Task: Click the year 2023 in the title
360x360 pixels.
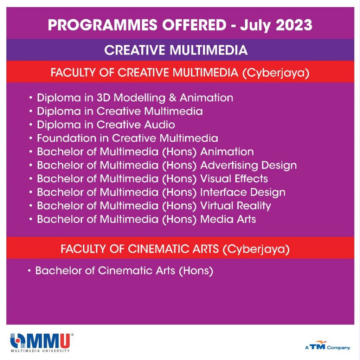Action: (x=294, y=25)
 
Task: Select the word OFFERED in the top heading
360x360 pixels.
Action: (x=194, y=25)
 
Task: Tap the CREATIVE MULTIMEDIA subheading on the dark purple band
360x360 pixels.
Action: (x=176, y=50)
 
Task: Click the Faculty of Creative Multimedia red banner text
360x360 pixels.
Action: (x=180, y=73)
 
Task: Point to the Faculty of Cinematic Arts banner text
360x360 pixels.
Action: (x=175, y=249)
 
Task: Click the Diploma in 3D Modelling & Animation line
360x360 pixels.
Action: (x=135, y=98)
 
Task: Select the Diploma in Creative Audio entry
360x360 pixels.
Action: (x=106, y=125)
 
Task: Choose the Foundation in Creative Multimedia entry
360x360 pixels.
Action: (x=127, y=138)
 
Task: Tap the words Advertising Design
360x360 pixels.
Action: (x=249, y=166)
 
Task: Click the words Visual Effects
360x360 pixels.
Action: (x=234, y=179)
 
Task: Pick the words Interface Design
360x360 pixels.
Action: (x=243, y=192)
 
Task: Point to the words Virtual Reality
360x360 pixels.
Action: (x=236, y=206)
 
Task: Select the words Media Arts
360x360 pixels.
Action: (x=228, y=219)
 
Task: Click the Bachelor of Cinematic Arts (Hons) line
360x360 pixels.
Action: (x=124, y=271)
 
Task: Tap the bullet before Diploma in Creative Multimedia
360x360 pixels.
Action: (x=31, y=111)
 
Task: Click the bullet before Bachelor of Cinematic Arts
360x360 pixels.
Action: (x=29, y=271)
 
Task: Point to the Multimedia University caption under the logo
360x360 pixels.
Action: (x=40, y=351)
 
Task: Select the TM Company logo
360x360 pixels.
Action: (x=327, y=346)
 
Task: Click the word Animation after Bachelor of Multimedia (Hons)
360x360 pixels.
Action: (x=227, y=152)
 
